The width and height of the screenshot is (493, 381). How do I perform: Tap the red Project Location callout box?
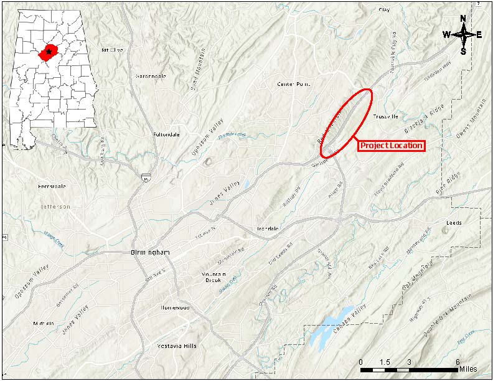(x=390, y=146)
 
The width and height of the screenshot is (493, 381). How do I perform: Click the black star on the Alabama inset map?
(x=49, y=52)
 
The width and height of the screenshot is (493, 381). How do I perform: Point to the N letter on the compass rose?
(x=463, y=19)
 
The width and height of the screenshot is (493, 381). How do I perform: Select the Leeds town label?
(x=454, y=222)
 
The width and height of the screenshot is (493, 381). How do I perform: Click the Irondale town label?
(x=268, y=228)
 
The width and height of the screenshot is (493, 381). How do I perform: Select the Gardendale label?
(x=151, y=76)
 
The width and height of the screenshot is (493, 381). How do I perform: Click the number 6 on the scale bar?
(x=458, y=362)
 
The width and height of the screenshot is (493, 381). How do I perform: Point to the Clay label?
(x=385, y=10)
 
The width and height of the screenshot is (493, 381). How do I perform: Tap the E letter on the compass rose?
(x=479, y=35)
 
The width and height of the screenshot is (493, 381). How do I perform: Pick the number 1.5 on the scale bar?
(x=384, y=362)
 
